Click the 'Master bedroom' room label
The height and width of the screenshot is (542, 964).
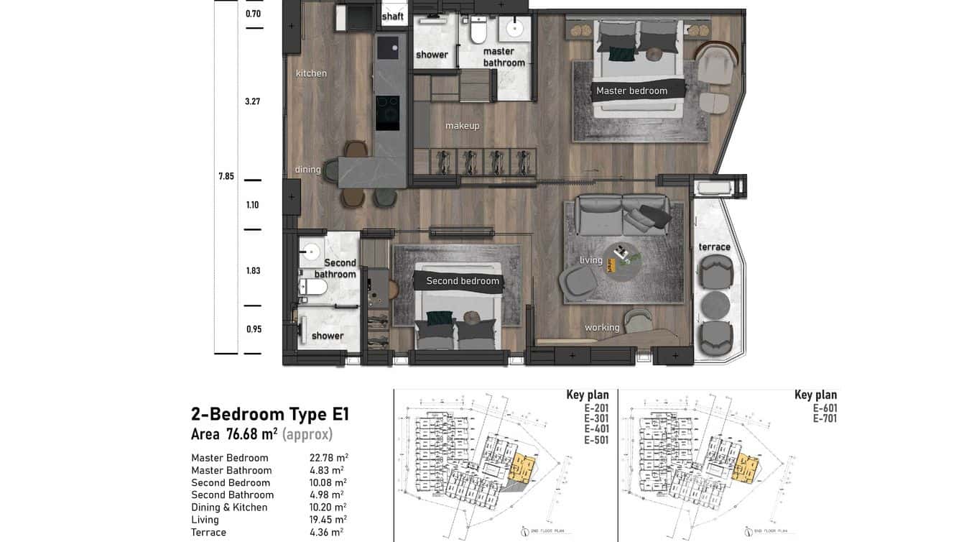click(631, 91)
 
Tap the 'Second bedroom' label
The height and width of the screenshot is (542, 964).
click(462, 281)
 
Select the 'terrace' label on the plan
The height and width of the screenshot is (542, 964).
click(714, 247)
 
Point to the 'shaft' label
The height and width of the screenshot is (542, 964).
click(392, 17)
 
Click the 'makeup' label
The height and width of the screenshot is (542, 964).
click(462, 126)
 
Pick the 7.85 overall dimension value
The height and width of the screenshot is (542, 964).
click(226, 176)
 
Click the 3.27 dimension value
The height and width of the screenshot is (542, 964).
click(252, 101)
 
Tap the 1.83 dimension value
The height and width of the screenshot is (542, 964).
click(253, 271)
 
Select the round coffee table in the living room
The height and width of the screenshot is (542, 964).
click(622, 260)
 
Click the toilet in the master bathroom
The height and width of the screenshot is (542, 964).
click(478, 30)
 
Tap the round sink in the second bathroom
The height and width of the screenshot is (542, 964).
click(310, 252)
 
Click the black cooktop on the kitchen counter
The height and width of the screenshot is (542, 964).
click(388, 113)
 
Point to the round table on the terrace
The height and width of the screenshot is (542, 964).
click(714, 306)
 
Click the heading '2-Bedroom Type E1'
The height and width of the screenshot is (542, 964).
click(269, 414)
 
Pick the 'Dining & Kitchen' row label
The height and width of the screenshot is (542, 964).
click(229, 507)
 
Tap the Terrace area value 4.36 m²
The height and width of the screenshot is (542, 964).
click(326, 532)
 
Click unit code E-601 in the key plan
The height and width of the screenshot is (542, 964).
click(825, 408)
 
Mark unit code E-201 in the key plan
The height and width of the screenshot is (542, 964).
click(596, 408)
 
